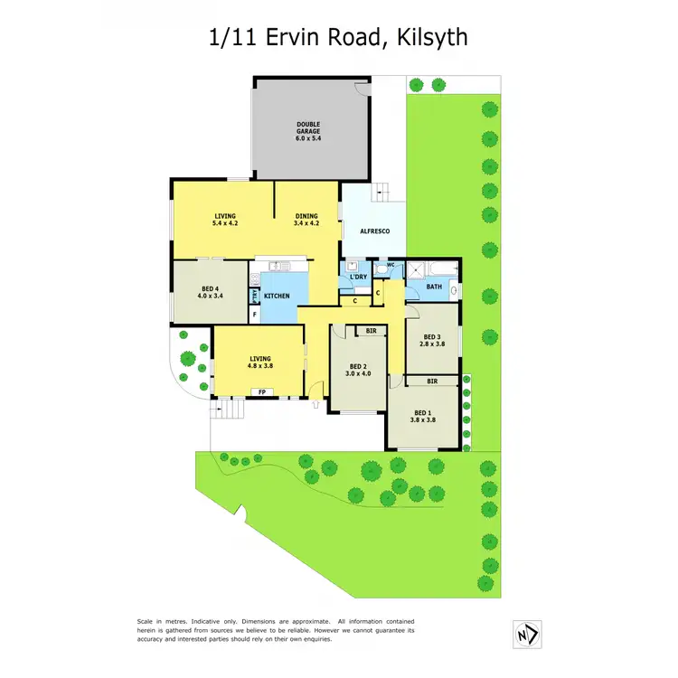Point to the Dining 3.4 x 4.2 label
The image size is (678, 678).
[307, 220]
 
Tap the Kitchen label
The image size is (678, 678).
[276, 297]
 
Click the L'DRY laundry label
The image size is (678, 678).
[358, 277]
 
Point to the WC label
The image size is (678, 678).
[391, 266]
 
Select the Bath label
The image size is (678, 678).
[434, 287]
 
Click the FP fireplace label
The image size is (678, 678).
[262, 392]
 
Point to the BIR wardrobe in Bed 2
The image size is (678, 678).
[371, 332]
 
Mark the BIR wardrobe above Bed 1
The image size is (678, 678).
[433, 381]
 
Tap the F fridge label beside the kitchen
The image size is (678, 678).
[255, 314]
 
